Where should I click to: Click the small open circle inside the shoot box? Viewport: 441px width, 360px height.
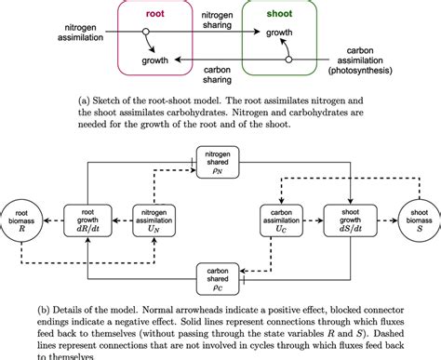point(288,59)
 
